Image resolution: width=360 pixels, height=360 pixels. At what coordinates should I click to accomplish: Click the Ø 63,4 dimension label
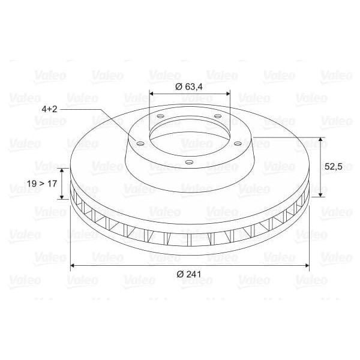[188, 86]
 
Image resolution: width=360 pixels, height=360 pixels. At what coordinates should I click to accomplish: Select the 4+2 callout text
[49, 109]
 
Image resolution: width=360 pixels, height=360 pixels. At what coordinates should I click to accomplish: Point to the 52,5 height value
[334, 167]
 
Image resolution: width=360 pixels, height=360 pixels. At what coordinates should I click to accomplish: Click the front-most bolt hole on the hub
[189, 161]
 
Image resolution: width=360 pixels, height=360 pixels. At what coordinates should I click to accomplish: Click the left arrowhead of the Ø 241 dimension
[73, 265]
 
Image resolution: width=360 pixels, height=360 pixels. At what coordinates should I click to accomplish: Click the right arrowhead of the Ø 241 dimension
[307, 265]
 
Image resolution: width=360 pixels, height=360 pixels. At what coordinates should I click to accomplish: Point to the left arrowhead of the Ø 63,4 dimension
[151, 94]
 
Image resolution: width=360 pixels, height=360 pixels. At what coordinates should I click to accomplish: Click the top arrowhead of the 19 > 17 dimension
[62, 170]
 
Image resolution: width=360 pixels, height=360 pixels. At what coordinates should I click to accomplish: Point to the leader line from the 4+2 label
[96, 110]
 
